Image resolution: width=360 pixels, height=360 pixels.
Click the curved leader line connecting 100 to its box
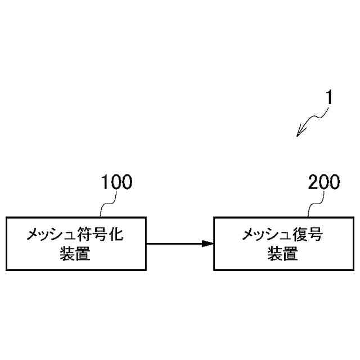105,205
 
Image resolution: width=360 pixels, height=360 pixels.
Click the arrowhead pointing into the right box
208,244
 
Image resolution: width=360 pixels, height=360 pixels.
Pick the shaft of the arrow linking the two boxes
174,244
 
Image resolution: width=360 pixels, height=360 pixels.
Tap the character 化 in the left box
116,234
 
